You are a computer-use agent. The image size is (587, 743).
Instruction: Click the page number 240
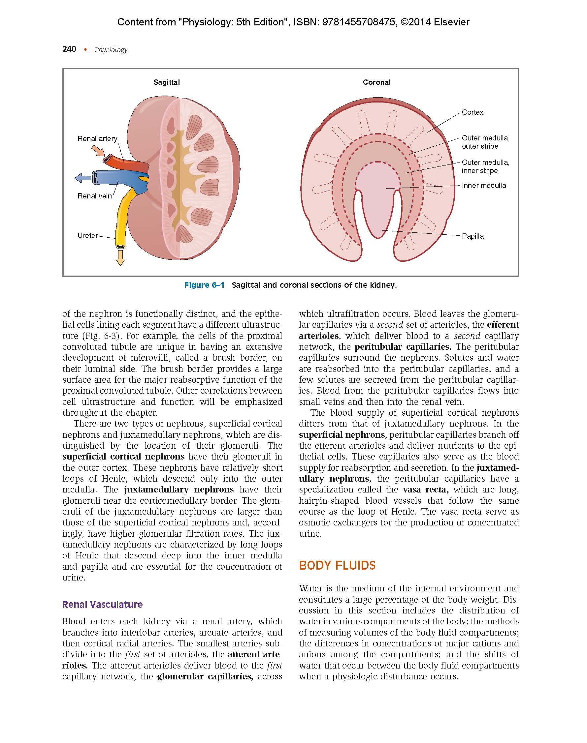pyautogui.click(x=69, y=49)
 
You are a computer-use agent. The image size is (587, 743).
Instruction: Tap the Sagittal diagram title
pyautogui.click(x=166, y=82)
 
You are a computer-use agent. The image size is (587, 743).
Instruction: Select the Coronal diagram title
pyautogui.click(x=377, y=82)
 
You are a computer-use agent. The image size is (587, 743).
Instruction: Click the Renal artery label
pyautogui.click(x=97, y=139)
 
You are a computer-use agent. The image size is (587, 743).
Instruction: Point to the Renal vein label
pyautogui.click(x=94, y=196)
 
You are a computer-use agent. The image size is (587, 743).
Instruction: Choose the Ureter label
pyautogui.click(x=88, y=236)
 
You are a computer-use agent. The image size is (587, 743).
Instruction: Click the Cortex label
pyautogui.click(x=473, y=112)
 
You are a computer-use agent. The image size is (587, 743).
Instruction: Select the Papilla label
pyautogui.click(x=473, y=236)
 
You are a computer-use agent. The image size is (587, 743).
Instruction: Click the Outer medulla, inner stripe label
pyautogui.click(x=485, y=166)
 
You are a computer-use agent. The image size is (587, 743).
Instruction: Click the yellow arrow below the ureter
pyautogui.click(x=120, y=258)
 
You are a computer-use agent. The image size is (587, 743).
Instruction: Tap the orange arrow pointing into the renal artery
pyautogui.click(x=98, y=151)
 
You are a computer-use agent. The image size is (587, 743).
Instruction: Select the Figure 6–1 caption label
pyautogui.click(x=204, y=285)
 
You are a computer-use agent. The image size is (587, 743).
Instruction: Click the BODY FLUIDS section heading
pyautogui.click(x=337, y=565)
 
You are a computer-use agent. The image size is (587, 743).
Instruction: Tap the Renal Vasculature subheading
pyautogui.click(x=102, y=605)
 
